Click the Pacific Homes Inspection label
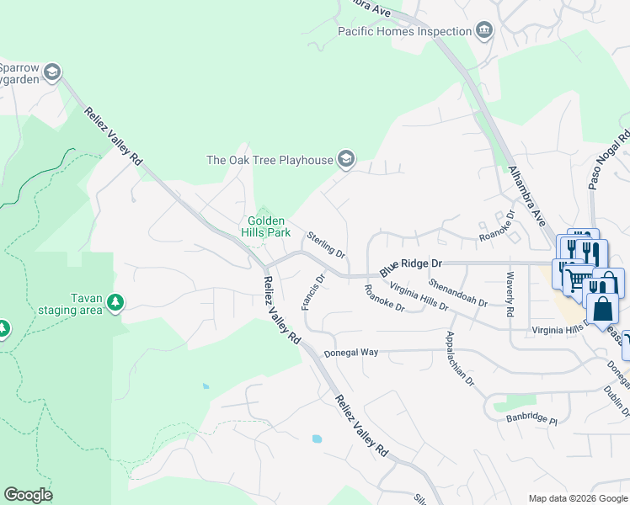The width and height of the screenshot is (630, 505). pyautogui.click(x=404, y=31)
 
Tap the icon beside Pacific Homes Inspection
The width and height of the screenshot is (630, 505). pyautogui.click(x=484, y=31)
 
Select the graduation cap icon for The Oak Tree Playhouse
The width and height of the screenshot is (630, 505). pyautogui.click(x=345, y=159)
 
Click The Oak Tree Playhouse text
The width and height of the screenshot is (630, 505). pyautogui.click(x=269, y=160)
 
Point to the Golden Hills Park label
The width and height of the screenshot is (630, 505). pyautogui.click(x=269, y=226)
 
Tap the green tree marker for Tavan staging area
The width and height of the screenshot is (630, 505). pyautogui.click(x=115, y=302)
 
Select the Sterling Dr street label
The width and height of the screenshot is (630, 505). pyautogui.click(x=326, y=245)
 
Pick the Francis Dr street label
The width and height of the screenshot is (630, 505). pyautogui.click(x=312, y=291)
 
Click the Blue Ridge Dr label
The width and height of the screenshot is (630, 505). pyautogui.click(x=411, y=263)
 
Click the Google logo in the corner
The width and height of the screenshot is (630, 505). pyautogui.click(x=28, y=495)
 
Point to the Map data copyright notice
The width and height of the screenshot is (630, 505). pyautogui.click(x=577, y=498)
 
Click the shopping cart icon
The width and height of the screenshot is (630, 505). pyautogui.click(x=574, y=278)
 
